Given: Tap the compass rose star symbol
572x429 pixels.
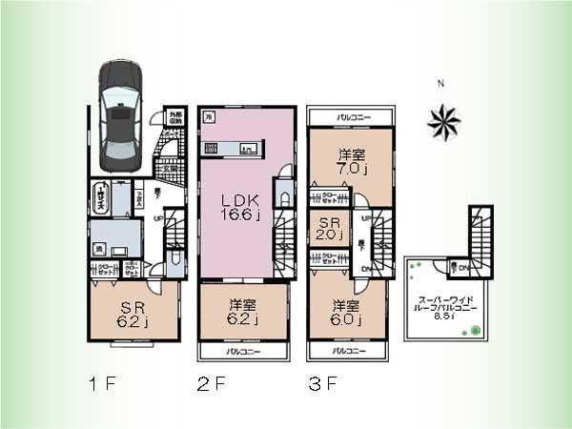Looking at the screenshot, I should click(444, 119).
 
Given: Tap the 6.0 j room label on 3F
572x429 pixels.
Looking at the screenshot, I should click(346, 313).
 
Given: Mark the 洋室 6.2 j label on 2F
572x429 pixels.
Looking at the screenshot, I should click(241, 313).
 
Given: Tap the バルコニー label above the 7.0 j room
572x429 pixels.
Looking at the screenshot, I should click(352, 117).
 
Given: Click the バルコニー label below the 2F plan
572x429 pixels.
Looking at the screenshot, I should click(243, 352).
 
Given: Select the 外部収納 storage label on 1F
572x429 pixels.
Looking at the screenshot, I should click(175, 119).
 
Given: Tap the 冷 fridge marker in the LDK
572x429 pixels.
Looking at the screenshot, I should click(209, 115).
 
